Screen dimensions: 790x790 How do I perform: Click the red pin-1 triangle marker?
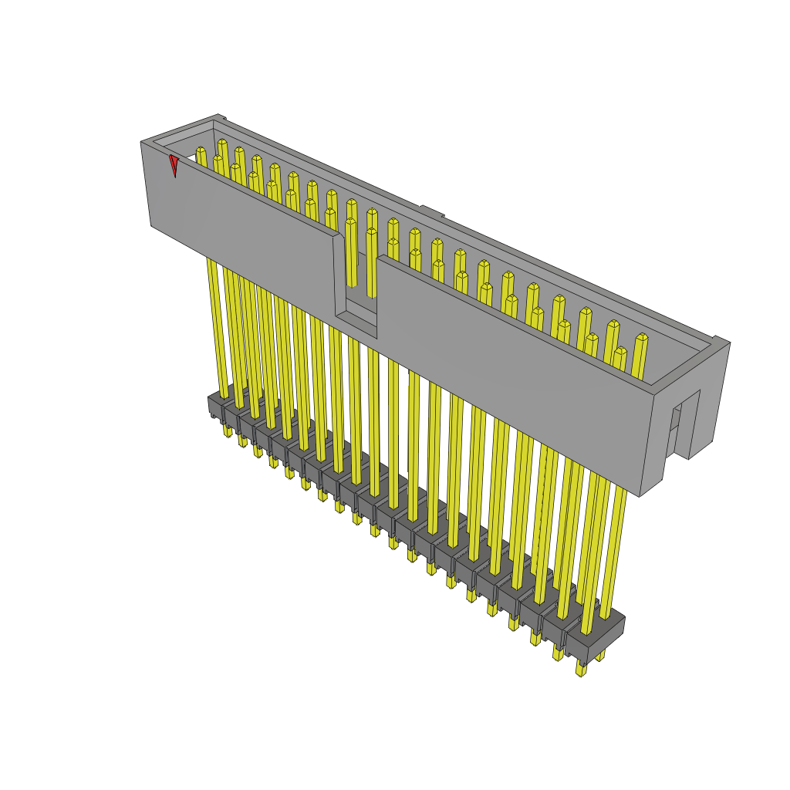pyautogui.click(x=174, y=164)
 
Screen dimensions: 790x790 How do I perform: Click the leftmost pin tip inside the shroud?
pyautogui.click(x=201, y=150)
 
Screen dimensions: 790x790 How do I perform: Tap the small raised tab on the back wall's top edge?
pyautogui.click(x=431, y=211)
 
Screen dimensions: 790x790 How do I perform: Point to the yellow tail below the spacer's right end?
pyautogui.click(x=581, y=668)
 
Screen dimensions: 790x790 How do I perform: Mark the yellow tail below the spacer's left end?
pyautogui.click(x=228, y=430)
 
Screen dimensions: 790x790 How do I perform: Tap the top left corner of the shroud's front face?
pyautogui.click(x=143, y=143)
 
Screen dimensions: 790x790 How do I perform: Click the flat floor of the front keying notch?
pyautogui.click(x=357, y=317)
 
